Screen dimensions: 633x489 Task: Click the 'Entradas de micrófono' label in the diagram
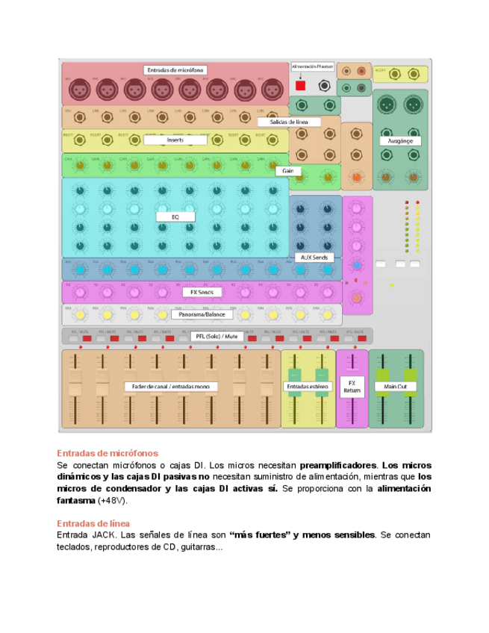[175, 70]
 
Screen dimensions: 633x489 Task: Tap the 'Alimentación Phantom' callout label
[313, 66]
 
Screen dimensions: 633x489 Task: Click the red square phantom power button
[301, 86]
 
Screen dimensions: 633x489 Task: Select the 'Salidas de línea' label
[290, 121]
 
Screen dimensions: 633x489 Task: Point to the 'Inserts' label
[175, 140]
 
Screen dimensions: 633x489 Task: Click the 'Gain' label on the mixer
[287, 171]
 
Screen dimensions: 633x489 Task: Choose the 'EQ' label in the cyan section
[175, 216]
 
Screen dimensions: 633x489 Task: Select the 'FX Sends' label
[202, 292]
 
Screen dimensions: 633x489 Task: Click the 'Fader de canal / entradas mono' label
[171, 387]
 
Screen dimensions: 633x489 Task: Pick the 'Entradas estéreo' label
[308, 387]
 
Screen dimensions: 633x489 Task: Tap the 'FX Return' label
[352, 387]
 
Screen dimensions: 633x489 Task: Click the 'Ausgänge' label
[400, 140]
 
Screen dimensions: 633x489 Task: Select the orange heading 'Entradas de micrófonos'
[108, 453]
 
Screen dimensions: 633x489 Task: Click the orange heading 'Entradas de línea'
[93, 523]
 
